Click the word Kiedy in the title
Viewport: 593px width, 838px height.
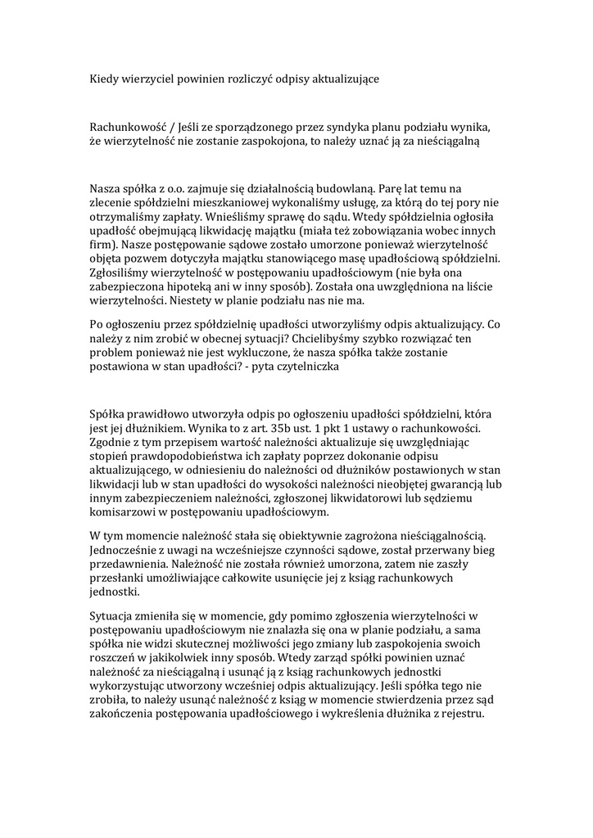pos(103,79)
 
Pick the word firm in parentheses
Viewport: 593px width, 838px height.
pos(102,244)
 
